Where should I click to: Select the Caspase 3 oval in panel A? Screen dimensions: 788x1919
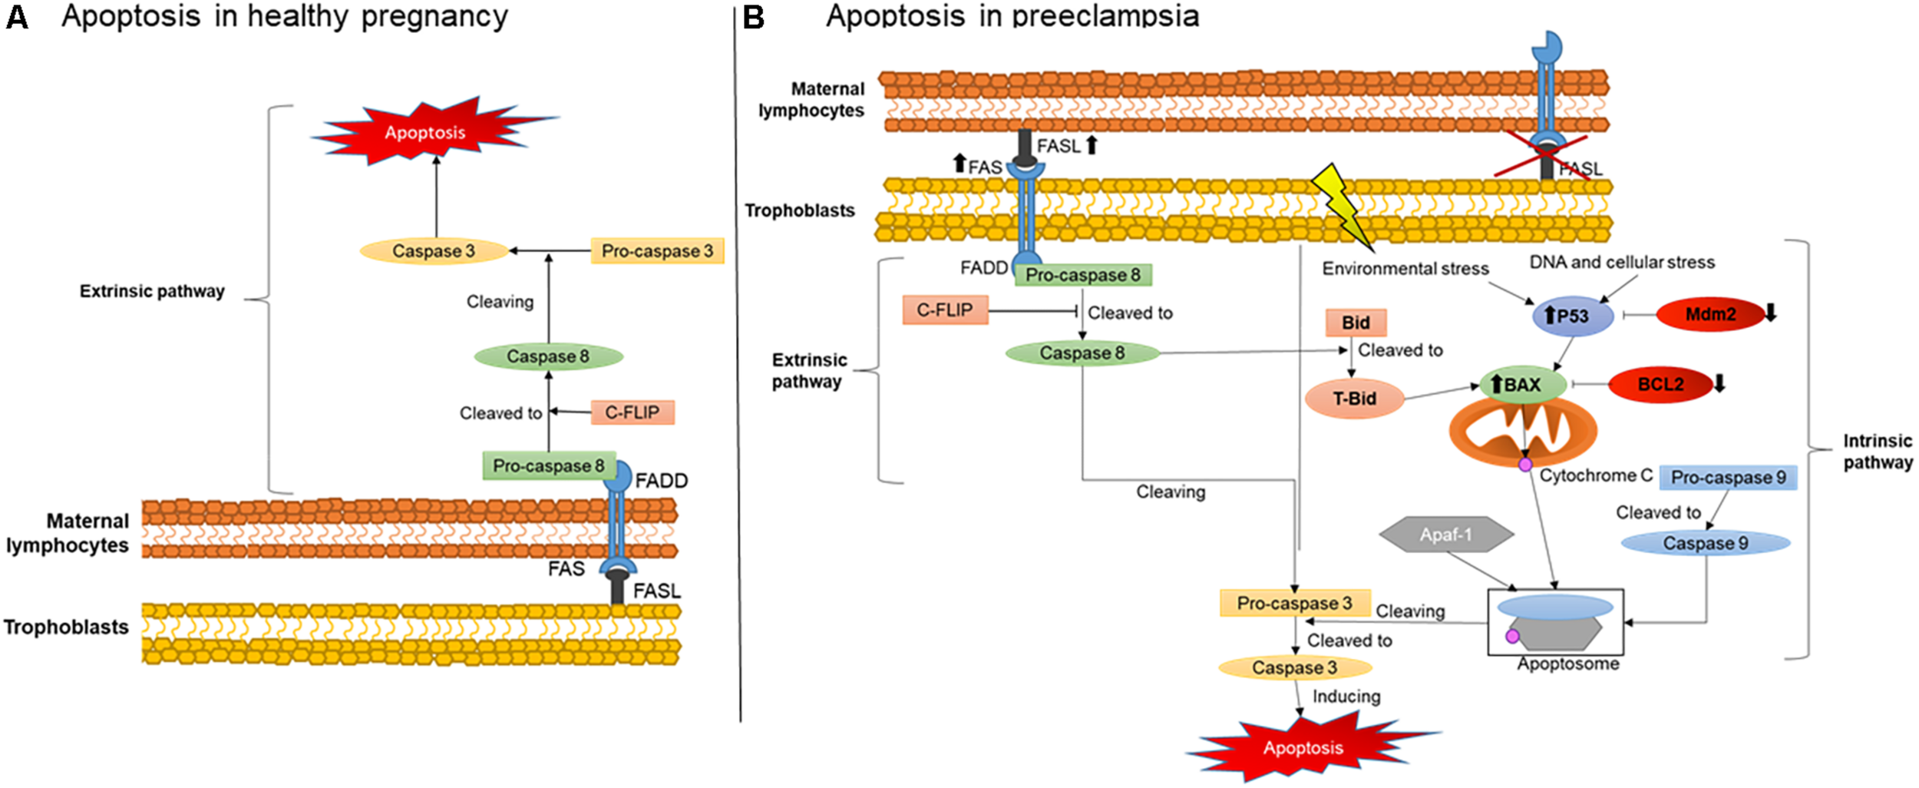434,251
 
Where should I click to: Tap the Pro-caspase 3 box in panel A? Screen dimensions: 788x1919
657,251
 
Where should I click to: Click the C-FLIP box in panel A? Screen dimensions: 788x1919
633,412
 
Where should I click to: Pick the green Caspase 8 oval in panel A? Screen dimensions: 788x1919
548,356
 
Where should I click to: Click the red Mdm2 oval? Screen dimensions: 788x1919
1710,314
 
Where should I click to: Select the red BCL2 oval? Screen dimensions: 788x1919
1660,384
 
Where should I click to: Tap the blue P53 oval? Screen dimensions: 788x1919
1573,316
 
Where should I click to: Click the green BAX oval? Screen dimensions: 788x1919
1522,384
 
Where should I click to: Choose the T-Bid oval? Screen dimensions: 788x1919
1355,399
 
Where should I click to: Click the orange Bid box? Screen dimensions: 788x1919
1356,323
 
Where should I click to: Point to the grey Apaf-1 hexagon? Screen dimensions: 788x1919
1446,535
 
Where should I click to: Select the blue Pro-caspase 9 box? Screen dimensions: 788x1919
1728,478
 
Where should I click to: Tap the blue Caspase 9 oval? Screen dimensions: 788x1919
1706,543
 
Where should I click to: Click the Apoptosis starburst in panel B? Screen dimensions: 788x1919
1303,747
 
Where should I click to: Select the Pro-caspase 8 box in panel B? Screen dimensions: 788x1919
1083,275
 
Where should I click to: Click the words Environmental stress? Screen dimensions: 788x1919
1405,269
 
